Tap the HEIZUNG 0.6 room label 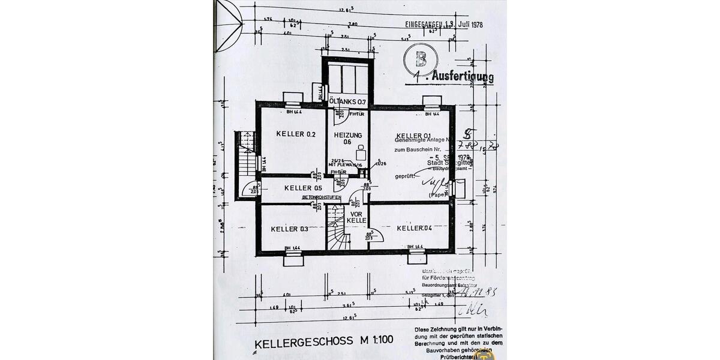tap(347, 138)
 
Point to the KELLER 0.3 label tap(289, 229)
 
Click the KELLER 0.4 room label tap(414, 228)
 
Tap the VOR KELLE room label tap(356, 217)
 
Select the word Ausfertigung tap(463, 76)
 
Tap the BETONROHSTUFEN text tap(322, 197)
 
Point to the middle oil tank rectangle tap(347, 77)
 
